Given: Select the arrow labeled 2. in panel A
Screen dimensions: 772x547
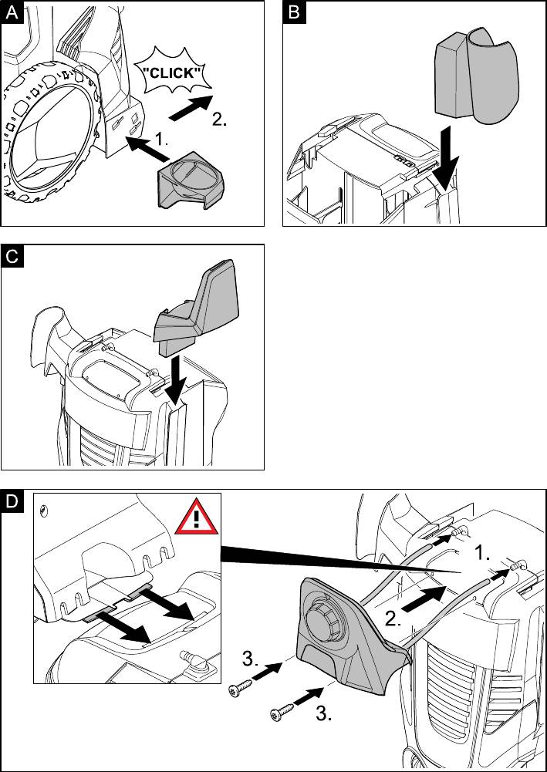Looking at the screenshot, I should tap(190, 107).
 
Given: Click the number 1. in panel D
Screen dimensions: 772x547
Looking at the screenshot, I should tap(481, 552).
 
